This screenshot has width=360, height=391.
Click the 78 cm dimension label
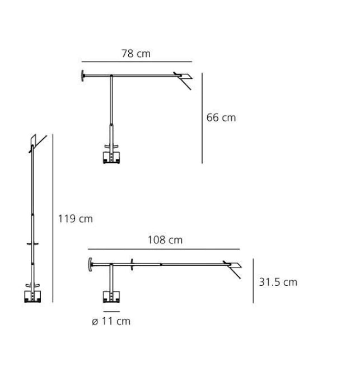pyautogui.click(x=136, y=54)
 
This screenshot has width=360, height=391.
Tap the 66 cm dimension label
pyautogui.click(x=221, y=117)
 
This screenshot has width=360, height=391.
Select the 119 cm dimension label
pyautogui.click(x=76, y=219)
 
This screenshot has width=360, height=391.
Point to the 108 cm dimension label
pyautogui.click(x=165, y=240)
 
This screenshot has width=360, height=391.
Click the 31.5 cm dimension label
pyautogui.click(x=278, y=282)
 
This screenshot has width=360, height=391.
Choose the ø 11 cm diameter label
pyautogui.click(x=111, y=321)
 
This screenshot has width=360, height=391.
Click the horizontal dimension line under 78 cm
pyautogui.click(x=137, y=62)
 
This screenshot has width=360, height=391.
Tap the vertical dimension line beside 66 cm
pyautogui.click(x=202, y=118)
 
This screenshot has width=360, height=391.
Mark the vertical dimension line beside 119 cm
pyautogui.click(x=53, y=218)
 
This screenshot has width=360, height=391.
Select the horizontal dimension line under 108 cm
pyautogui.click(x=164, y=249)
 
